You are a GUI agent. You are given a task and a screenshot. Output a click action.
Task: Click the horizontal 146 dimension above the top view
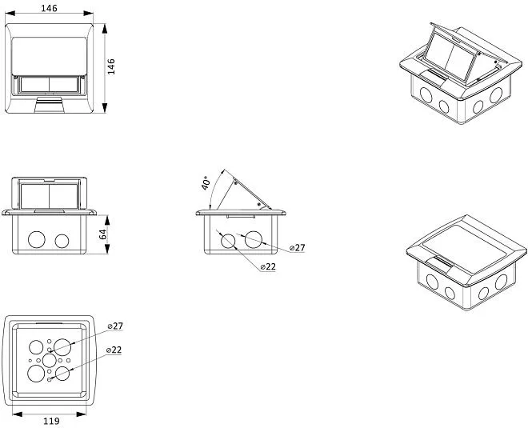[49, 8]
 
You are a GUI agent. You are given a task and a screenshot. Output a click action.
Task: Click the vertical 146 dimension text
[111, 66]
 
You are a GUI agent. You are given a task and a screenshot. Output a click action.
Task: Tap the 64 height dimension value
[103, 234]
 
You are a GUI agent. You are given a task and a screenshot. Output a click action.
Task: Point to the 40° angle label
[206, 183]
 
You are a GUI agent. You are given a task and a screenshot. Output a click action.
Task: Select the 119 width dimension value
[51, 421]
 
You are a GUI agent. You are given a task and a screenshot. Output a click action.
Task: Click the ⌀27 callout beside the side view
[297, 248]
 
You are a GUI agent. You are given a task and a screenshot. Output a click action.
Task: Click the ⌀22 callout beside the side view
[268, 266]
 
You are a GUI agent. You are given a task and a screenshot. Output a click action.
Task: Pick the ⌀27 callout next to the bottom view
[115, 326]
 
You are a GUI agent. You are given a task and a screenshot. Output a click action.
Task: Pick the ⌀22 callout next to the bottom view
[114, 350]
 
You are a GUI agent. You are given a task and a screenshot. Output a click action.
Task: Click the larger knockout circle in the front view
[37, 240]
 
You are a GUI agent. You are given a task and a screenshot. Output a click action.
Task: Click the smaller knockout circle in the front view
[62, 241]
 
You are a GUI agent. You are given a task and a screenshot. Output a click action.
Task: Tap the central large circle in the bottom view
[49, 361]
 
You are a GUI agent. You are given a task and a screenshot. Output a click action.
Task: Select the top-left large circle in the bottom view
[36, 347]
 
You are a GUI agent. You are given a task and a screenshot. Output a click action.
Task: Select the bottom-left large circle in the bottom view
[36, 374]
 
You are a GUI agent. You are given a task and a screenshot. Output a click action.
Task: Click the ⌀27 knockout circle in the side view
[254, 239]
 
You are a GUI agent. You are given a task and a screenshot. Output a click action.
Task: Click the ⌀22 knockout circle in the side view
[228, 241]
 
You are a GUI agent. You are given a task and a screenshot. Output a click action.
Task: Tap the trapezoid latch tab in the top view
[49, 105]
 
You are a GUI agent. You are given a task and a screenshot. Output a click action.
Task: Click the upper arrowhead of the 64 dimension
[107, 221]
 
